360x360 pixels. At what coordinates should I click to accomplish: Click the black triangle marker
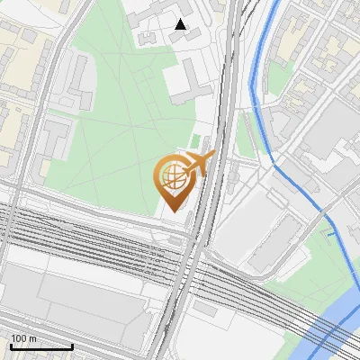[x=181, y=24]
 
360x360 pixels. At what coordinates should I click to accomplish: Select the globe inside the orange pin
[x=173, y=177]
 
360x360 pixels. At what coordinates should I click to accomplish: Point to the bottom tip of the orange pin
[x=173, y=211]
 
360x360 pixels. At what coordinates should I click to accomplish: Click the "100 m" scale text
[x=24, y=338]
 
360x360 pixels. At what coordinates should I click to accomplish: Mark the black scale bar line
[x=41, y=346]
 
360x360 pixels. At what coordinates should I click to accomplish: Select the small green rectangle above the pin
[x=195, y=141]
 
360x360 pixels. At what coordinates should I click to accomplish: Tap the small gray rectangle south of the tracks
[x=206, y=308]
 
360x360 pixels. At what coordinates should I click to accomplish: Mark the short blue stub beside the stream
[x=330, y=236]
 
